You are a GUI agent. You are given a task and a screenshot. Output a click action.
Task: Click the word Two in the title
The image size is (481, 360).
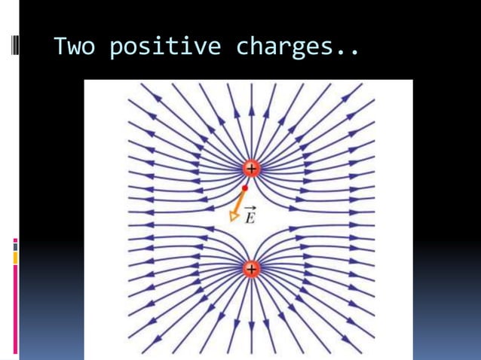(75, 47)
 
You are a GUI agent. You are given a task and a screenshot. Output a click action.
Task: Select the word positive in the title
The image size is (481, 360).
(164, 47)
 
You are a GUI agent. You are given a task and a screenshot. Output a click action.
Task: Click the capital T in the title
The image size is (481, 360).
(61, 47)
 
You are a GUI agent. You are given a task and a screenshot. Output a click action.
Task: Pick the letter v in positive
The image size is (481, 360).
(198, 49)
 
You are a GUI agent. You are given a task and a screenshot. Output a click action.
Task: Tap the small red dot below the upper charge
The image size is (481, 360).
(245, 188)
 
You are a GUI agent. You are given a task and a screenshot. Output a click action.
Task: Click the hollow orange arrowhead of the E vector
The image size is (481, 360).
(234, 215)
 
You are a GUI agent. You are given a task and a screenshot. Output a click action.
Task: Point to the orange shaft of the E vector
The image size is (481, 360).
(240, 200)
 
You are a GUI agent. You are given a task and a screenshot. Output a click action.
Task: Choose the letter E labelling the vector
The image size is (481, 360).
(251, 219)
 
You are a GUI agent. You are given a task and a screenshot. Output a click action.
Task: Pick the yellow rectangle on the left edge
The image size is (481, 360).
(15, 258)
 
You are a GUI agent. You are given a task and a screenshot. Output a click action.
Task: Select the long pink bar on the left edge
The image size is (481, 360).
(15, 309)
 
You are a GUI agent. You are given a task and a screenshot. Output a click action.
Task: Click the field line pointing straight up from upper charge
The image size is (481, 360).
(251, 121)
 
